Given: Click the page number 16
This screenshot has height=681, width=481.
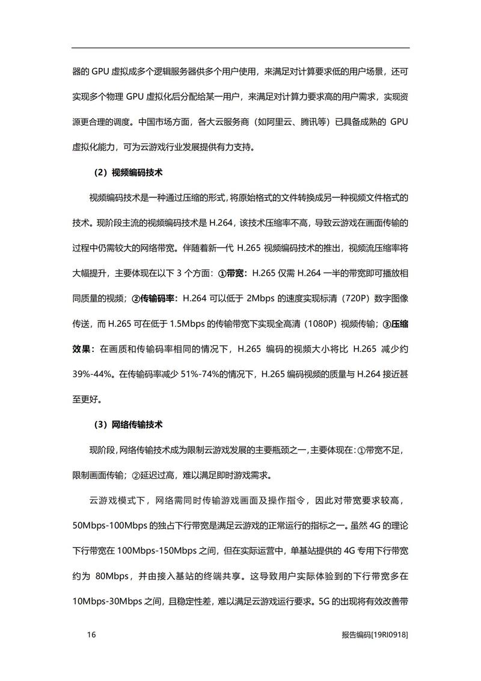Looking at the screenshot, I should coord(91,635).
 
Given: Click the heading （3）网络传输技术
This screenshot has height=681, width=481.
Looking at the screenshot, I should coord(129,425).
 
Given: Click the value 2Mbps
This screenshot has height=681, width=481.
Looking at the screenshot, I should coord(263,298).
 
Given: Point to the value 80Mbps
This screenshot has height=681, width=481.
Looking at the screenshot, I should coord(112,576).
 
